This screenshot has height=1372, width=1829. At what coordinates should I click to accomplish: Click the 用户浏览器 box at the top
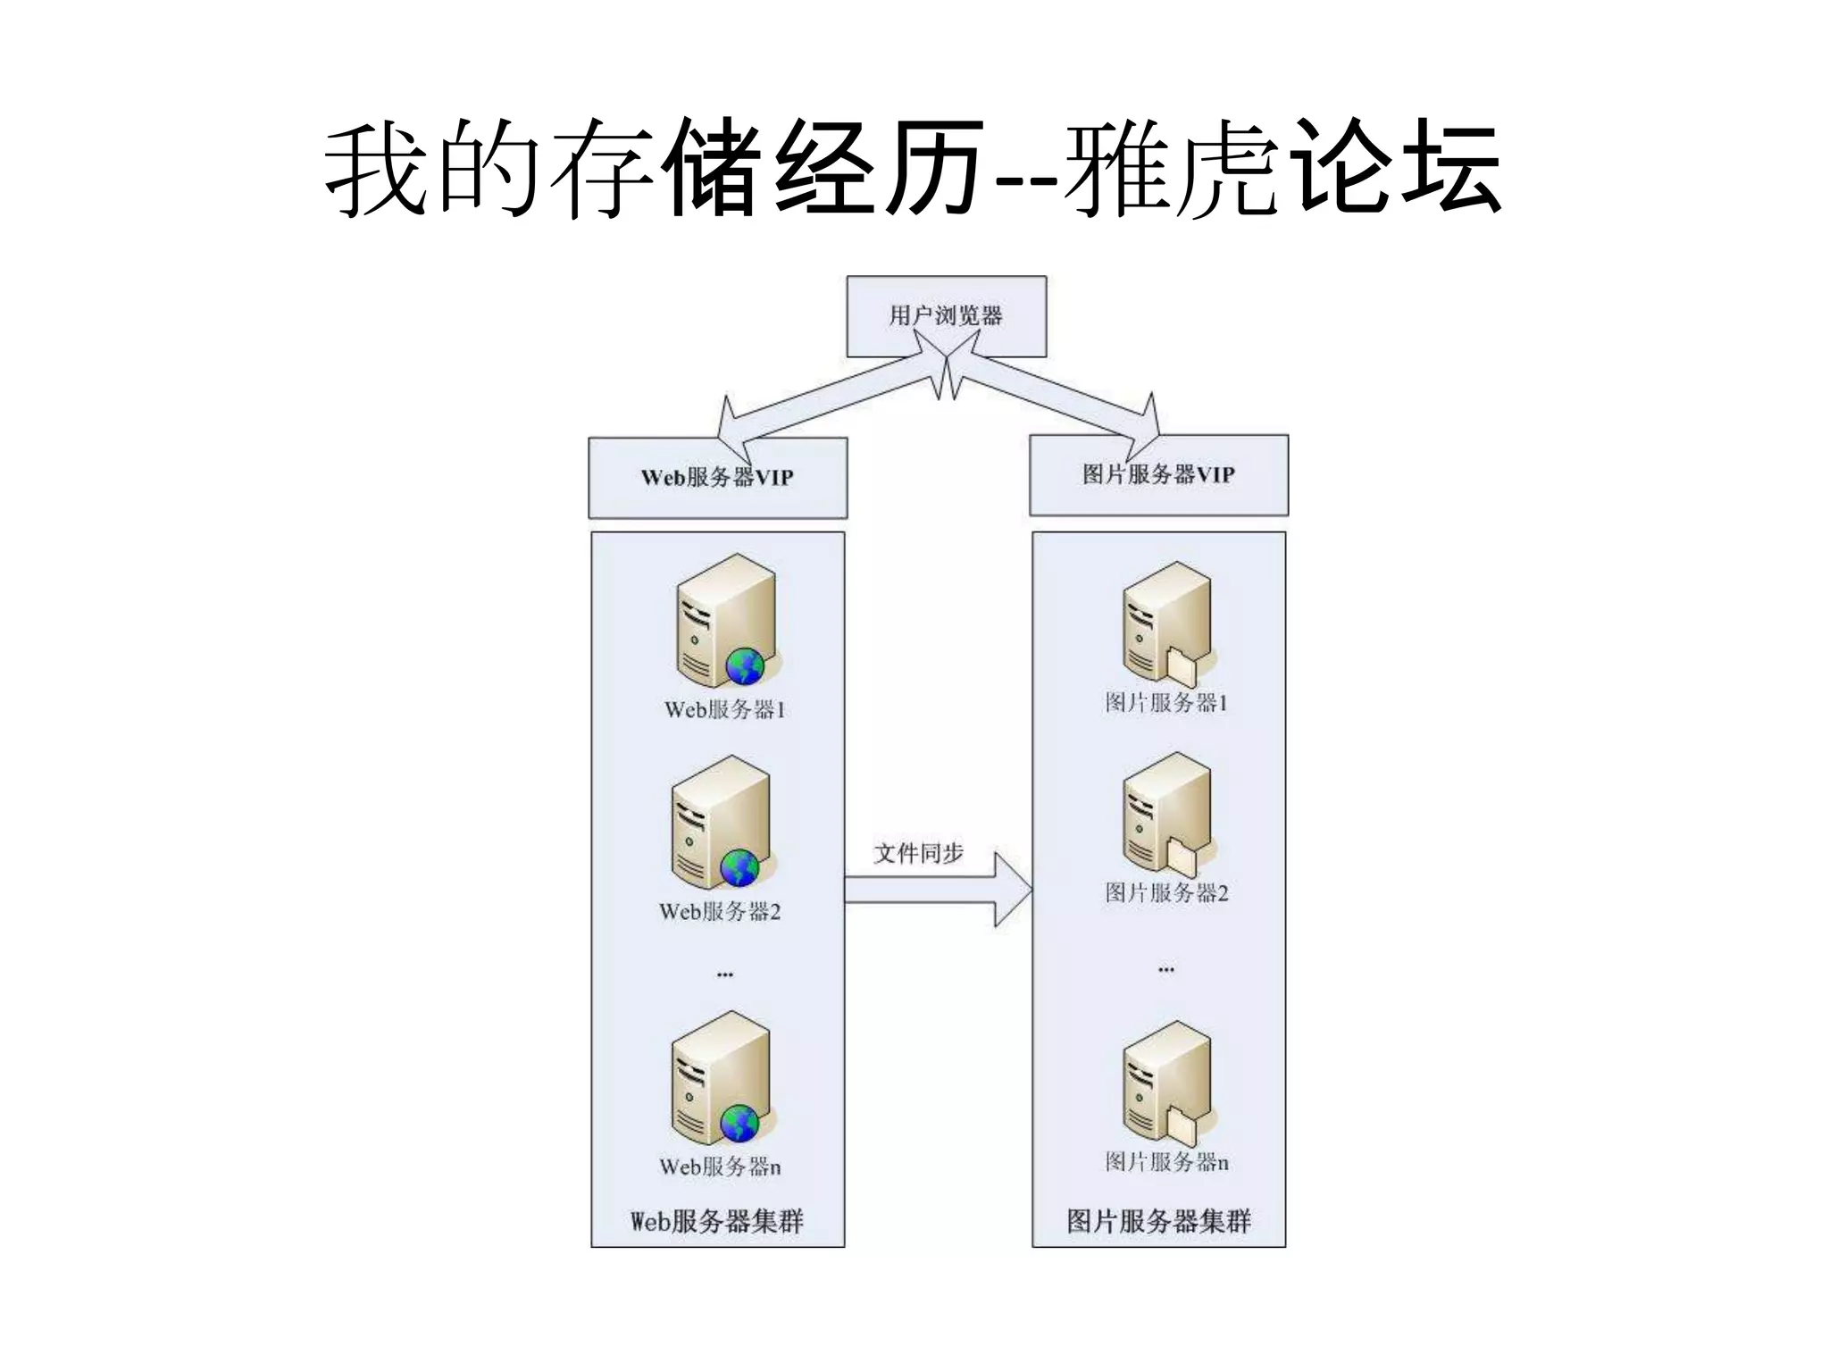[x=946, y=316]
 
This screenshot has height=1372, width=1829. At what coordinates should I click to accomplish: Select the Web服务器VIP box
[x=717, y=478]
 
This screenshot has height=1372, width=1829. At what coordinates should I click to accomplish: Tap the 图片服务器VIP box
[x=1158, y=475]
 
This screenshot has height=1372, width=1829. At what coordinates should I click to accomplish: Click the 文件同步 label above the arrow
[x=918, y=853]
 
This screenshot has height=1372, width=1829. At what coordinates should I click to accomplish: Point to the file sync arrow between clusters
[x=938, y=890]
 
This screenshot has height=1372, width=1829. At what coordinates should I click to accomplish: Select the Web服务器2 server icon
[x=719, y=822]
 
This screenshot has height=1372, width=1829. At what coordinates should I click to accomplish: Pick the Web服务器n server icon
[x=719, y=1077]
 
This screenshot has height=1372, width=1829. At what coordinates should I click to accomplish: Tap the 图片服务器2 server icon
[x=1165, y=811]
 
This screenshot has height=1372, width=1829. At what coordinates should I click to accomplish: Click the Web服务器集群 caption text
[x=717, y=1221]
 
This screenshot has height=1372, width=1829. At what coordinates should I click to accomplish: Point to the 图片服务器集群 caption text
[x=1158, y=1221]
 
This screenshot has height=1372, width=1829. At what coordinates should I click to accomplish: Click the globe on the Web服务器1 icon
[x=744, y=666]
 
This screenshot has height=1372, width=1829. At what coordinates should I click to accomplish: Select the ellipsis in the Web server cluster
[x=724, y=975]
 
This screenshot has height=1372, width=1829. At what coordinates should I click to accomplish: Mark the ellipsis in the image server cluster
[x=1165, y=969]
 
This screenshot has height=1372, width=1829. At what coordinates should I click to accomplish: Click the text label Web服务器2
[x=720, y=912]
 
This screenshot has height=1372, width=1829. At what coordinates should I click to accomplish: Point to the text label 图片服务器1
[x=1165, y=703]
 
